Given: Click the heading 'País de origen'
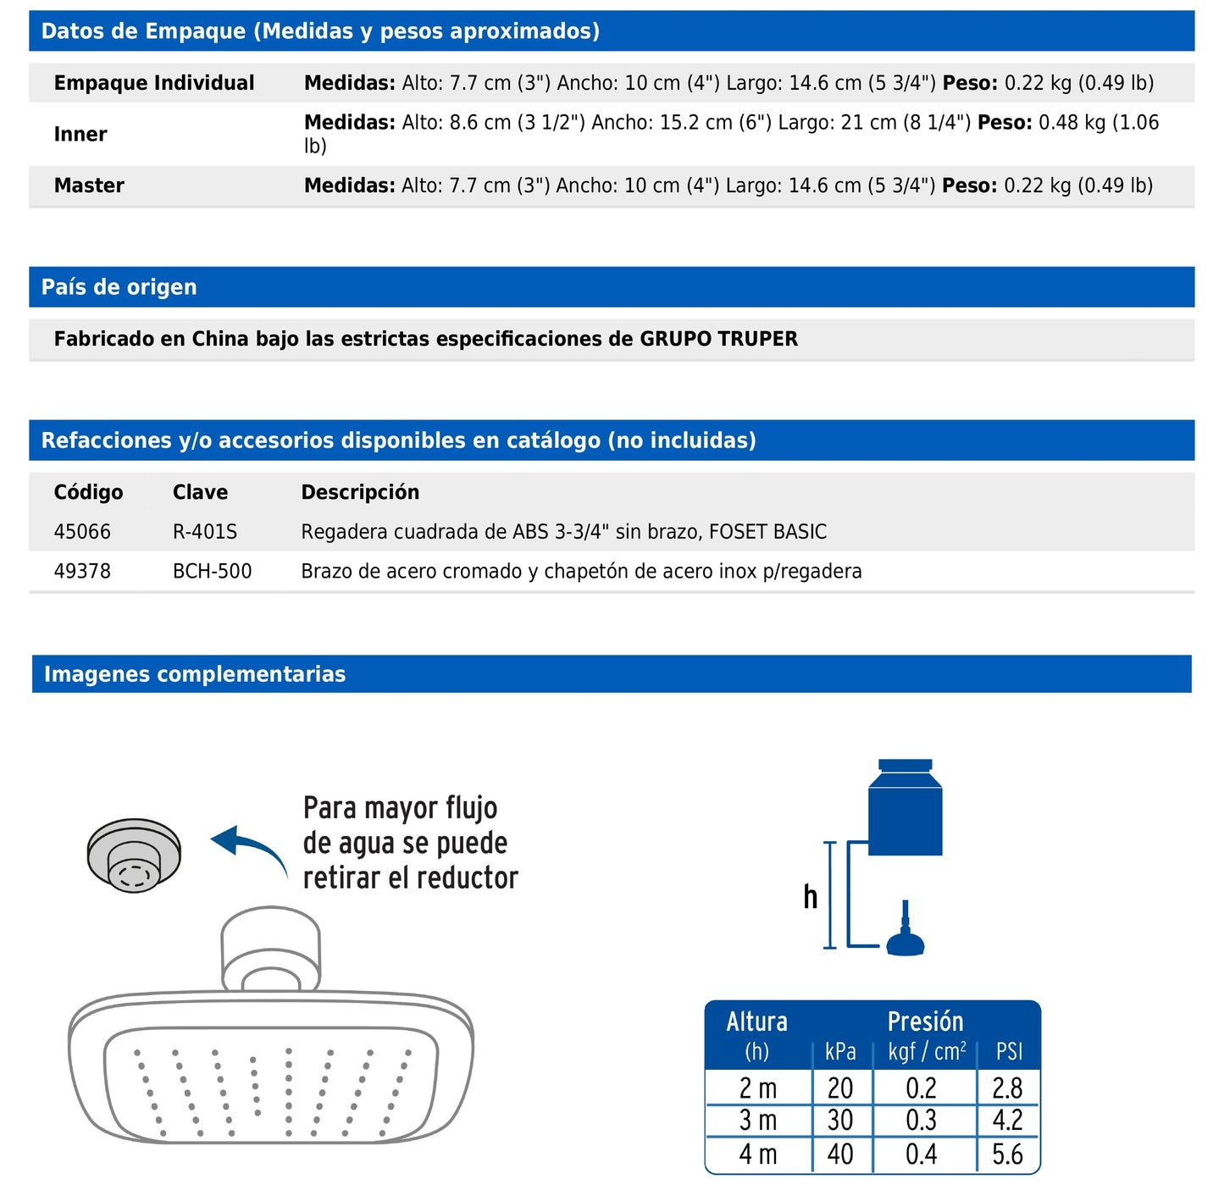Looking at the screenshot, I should point(119,287).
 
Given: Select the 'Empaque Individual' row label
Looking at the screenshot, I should point(153,83).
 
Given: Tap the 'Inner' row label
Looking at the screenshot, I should point(80,134).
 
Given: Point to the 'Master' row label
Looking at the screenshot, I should point(89,185).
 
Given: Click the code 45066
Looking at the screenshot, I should point(82,532).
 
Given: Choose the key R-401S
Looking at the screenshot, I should point(205,532).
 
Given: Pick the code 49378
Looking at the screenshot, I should point(82,572).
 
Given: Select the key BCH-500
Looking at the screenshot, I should point(212,572).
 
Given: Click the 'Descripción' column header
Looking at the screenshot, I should point(360,492).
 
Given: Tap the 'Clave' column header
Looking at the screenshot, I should point(200,492).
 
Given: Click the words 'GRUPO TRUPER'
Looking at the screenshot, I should point(718,339).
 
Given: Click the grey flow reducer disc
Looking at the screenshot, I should point(134,854).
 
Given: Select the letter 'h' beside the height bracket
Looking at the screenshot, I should point(811,897).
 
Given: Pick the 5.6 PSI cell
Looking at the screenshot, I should point(1007,1154).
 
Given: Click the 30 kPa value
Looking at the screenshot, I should point(840,1121).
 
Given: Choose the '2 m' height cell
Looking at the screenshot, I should point(757,1088).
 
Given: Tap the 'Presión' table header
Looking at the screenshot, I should point(925,1022).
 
